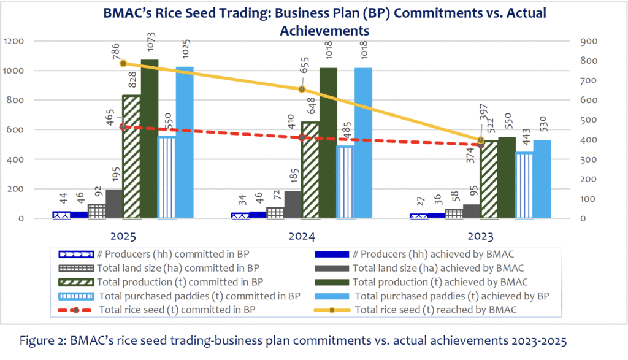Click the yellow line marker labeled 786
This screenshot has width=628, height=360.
tap(123, 63)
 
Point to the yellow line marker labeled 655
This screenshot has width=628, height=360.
tap(301, 89)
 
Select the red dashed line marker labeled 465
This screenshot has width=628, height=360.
tap(123, 126)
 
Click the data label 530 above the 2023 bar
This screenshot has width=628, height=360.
tap(543, 127)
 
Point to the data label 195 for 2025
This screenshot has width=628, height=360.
tap(114, 175)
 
